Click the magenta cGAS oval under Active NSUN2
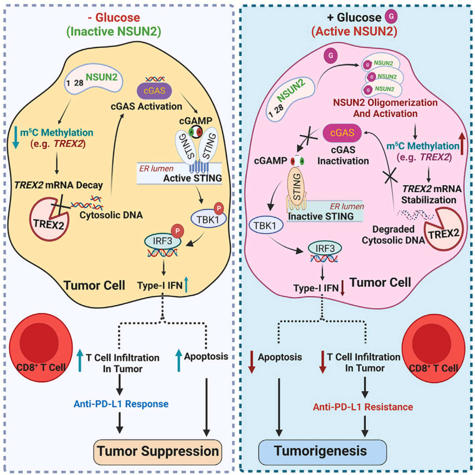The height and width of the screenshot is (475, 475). tap(340, 132)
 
